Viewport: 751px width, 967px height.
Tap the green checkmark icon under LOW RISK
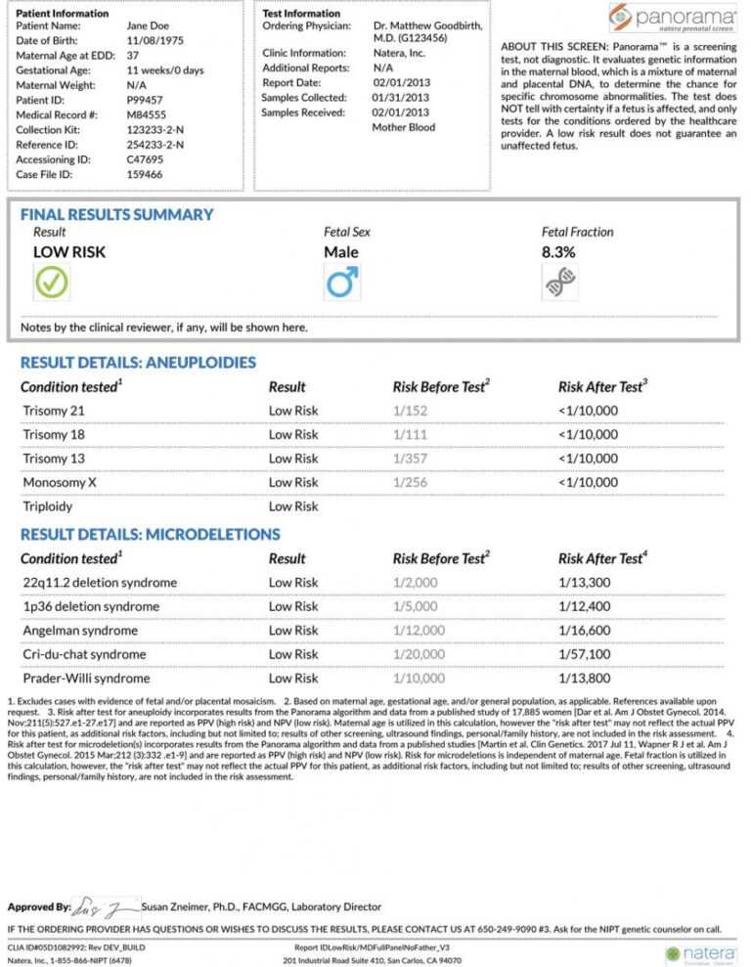pyautogui.click(x=50, y=283)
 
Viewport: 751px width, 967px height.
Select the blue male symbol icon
pyautogui.click(x=341, y=283)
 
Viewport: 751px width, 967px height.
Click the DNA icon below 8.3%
pyautogui.click(x=558, y=283)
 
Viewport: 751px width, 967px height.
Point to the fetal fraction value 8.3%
pyautogui.click(x=558, y=252)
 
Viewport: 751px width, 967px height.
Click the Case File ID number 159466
pyautogui.click(x=145, y=174)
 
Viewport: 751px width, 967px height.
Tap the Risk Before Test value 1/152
pyautogui.click(x=409, y=411)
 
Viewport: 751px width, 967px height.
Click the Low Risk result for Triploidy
pyautogui.click(x=293, y=506)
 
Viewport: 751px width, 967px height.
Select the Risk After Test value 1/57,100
pyautogui.click(x=586, y=654)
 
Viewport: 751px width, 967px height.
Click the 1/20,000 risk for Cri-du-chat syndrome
pyautogui.click(x=419, y=654)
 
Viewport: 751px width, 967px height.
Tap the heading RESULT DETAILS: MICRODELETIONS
pyautogui.click(x=150, y=535)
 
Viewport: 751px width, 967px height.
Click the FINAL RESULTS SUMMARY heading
pyautogui.click(x=116, y=215)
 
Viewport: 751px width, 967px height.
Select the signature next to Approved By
pyautogui.click(x=106, y=907)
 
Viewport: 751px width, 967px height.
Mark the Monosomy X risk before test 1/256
pyautogui.click(x=411, y=483)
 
